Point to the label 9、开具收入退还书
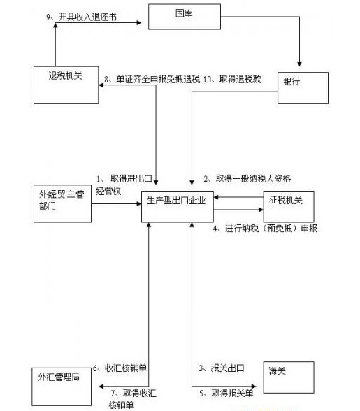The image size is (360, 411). click(82, 17)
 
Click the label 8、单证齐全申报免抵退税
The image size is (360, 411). click(152, 79)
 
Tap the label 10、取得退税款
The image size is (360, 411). click(232, 79)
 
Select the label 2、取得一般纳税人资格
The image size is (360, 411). click(247, 179)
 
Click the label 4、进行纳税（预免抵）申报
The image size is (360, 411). click(265, 229)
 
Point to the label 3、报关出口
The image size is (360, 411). click(222, 368)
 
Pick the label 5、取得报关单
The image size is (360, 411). click(226, 393)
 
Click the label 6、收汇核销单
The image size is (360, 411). click(120, 368)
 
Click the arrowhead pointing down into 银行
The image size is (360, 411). click(299, 64)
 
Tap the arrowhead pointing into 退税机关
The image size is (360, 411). click(101, 85)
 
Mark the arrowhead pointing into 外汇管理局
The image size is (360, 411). click(101, 387)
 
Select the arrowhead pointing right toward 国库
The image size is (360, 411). click(138, 23)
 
